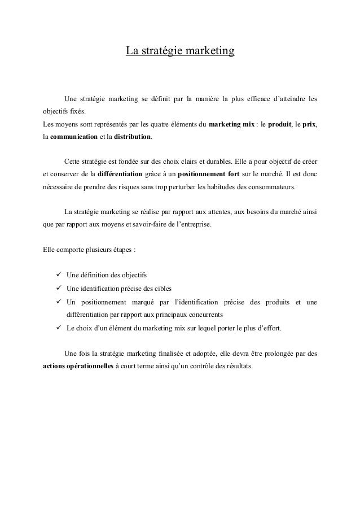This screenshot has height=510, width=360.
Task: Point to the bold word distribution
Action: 132,137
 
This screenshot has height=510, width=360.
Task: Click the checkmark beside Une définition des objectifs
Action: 59,274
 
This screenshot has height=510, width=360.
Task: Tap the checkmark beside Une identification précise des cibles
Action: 59,287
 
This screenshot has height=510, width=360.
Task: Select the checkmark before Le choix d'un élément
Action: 59,328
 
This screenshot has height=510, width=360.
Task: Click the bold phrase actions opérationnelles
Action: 78,365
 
